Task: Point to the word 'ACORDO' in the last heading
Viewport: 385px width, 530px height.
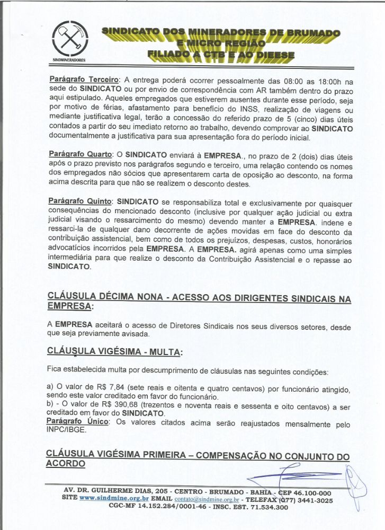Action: pos(66,463)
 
